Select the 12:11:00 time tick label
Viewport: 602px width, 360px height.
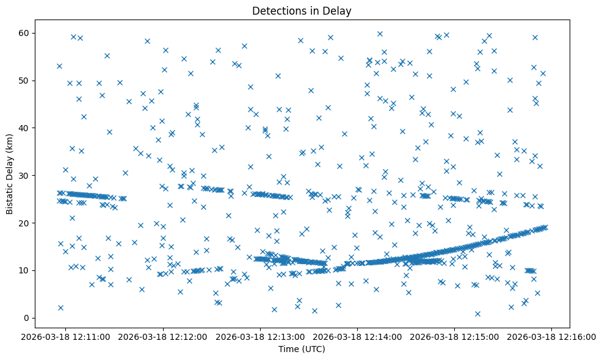[x=67, y=336]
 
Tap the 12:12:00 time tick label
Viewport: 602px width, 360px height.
[x=164, y=336]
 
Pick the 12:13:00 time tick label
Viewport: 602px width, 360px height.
[x=261, y=336]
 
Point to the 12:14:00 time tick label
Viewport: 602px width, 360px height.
[x=358, y=336]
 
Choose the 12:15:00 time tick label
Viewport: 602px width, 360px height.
[x=455, y=336]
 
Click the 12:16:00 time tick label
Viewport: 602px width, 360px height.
[x=552, y=336]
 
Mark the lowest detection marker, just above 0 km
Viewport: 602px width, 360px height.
[x=477, y=314]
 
